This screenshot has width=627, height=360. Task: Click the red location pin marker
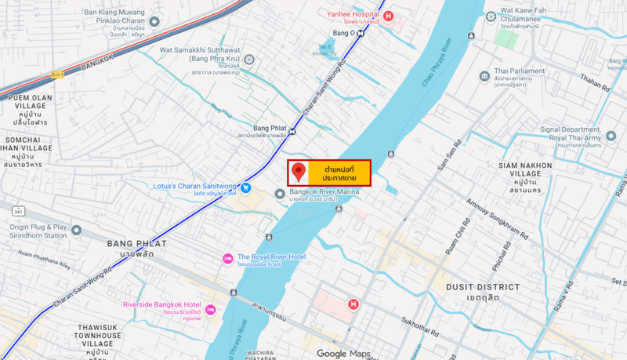pos(299,172)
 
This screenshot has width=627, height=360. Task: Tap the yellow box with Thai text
pos(339,173)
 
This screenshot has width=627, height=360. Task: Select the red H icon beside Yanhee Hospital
pos(389,15)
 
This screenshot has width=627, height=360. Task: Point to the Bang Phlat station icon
pos(292,131)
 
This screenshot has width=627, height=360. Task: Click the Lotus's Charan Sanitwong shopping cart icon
pos(246,187)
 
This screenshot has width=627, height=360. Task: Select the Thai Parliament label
pos(520,75)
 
